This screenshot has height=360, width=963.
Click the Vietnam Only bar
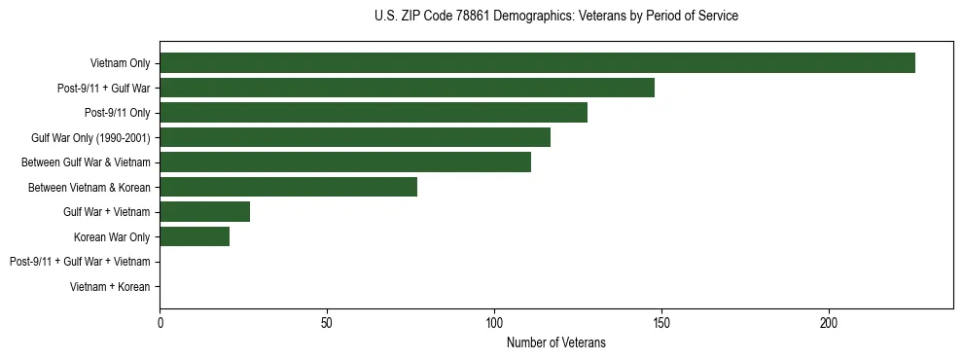coord(537,63)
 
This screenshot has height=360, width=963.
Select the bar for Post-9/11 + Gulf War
coord(407,88)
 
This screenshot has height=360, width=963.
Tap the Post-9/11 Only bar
coord(374,113)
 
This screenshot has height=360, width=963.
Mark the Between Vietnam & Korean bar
coord(288,187)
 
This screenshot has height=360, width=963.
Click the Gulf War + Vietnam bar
coord(205,212)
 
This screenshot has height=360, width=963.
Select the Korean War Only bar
coord(195,236)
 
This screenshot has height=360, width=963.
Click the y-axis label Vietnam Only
coord(121,63)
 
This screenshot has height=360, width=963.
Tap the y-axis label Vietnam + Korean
coord(111,287)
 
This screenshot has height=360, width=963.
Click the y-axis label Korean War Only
coord(112,236)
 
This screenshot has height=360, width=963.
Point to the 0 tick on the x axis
coord(160,322)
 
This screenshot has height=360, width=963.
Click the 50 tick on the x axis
coord(327,322)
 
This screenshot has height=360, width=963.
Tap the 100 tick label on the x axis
coord(494,322)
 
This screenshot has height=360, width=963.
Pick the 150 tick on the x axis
coord(661,322)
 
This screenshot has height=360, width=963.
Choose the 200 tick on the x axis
coord(829,322)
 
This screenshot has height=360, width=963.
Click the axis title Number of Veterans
coord(555,342)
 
